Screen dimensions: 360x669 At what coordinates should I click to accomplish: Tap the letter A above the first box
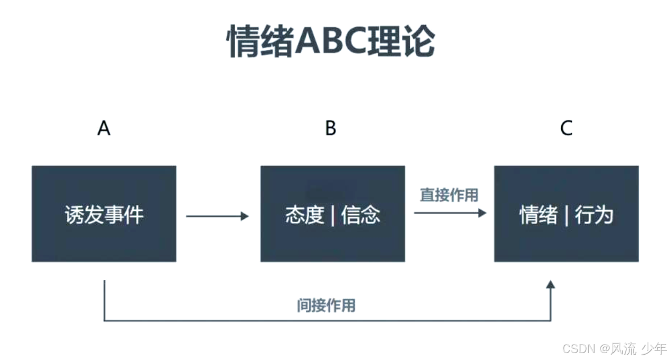coord(104,128)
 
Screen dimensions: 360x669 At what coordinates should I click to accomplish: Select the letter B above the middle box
coord(331,128)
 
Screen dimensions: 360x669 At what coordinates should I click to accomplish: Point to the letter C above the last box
coord(567,128)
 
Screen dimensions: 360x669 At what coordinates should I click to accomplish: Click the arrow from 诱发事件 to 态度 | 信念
coord(217,216)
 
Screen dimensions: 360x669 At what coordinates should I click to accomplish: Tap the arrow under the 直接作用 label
coord(450,213)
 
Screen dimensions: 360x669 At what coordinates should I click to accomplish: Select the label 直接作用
coord(449,195)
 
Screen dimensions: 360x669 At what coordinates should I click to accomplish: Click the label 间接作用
coord(326,306)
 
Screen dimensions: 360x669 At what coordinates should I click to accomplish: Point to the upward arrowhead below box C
coord(551,285)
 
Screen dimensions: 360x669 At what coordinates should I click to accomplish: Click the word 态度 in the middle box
coord(304,215)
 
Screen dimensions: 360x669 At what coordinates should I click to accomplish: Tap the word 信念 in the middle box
coord(361,215)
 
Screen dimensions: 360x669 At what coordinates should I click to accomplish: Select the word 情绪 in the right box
coord(538,215)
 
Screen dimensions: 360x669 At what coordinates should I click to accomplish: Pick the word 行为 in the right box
coord(595,215)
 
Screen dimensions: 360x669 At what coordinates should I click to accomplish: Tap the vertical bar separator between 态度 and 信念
coord(333,216)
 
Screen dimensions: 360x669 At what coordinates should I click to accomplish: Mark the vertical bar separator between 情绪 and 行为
coord(567,216)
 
